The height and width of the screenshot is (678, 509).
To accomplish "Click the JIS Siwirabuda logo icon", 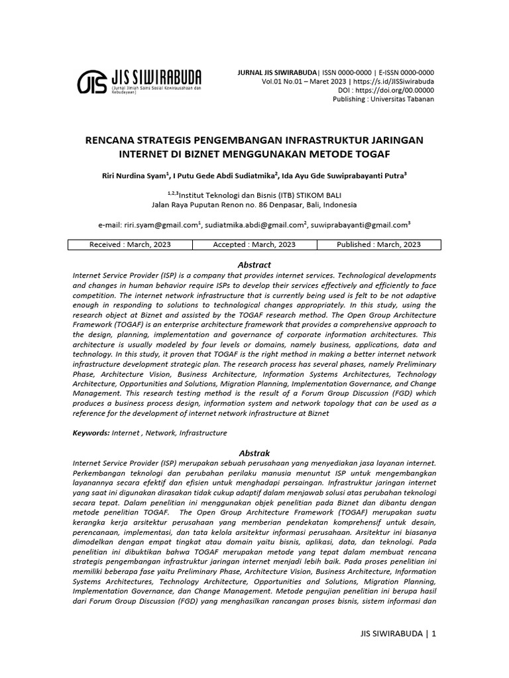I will coord(90,82).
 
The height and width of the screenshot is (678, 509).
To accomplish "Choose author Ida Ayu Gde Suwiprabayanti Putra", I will coord(343,175).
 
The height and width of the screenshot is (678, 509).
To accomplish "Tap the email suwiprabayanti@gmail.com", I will coord(359,225).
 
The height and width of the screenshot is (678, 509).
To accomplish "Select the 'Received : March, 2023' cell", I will coord(130,244).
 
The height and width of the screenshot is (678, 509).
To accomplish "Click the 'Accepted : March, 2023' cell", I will coord(254,244).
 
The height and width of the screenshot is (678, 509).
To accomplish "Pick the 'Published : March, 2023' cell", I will coord(378,244).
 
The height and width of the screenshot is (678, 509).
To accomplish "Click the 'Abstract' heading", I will coord(254,265).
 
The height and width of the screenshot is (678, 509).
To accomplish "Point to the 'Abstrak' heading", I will coord(254,452).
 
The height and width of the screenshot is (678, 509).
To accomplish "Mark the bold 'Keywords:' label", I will coord(91,433).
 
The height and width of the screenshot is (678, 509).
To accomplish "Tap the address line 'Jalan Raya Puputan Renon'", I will coord(207,205).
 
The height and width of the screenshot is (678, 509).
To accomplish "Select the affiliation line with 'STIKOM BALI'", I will coord(254,195).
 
